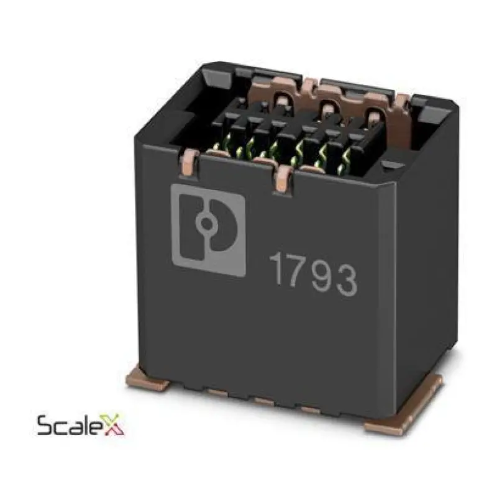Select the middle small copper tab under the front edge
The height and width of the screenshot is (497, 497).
263,401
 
